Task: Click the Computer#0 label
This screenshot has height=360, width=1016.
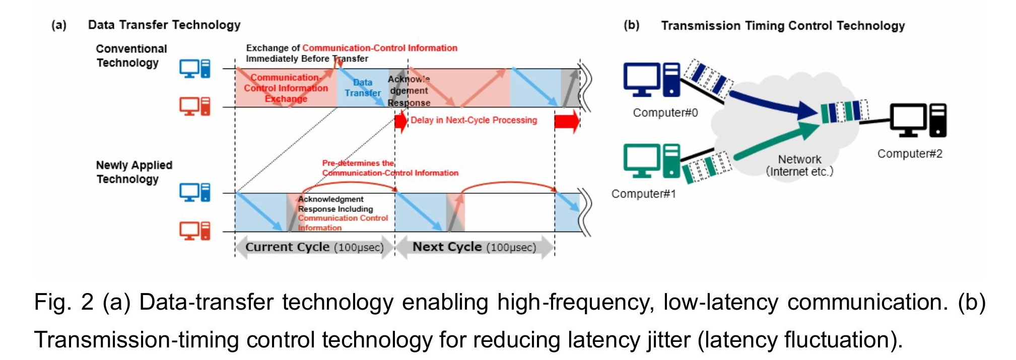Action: (665, 113)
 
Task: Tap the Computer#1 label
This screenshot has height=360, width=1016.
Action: (643, 194)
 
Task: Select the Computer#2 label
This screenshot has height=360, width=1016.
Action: (909, 154)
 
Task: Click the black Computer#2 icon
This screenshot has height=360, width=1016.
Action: (918, 120)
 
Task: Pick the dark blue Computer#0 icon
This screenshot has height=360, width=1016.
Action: (651, 80)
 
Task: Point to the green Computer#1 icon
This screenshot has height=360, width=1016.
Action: (651, 161)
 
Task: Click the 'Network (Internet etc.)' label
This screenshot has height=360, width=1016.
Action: (799, 166)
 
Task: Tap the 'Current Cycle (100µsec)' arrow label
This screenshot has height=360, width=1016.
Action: (314, 247)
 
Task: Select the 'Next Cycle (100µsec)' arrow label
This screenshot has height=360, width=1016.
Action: (474, 247)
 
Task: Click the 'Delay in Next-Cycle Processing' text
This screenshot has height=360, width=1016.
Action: (473, 120)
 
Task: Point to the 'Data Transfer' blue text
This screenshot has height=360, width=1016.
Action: (363, 88)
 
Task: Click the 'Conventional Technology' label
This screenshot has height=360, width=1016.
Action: (131, 56)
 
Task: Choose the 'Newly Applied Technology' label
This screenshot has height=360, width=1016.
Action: (133, 172)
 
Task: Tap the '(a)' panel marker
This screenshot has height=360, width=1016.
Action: (59, 25)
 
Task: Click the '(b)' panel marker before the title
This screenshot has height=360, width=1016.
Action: (631, 25)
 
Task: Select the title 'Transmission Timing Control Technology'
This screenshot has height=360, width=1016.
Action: (783, 26)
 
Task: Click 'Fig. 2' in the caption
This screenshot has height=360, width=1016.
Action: (63, 303)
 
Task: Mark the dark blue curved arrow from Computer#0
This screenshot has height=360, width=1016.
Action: (771, 103)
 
